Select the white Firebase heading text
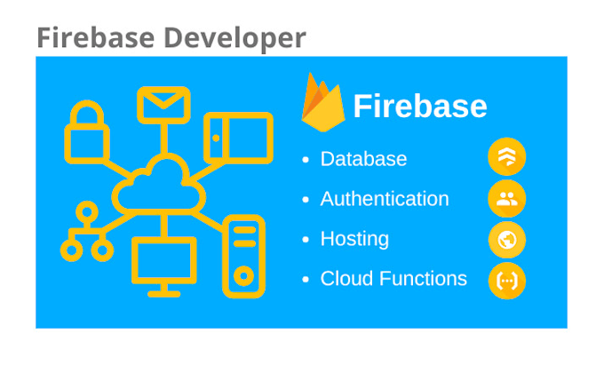coord(420,107)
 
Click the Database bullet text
coord(363,159)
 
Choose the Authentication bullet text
coord(385,199)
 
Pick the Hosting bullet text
coord(354,239)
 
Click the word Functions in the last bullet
coord(423,279)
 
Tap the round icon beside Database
coord(507,158)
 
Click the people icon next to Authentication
coord(507,199)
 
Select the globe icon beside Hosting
coord(507,240)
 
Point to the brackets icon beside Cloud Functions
coord(507,281)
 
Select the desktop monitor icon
coord(164,266)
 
